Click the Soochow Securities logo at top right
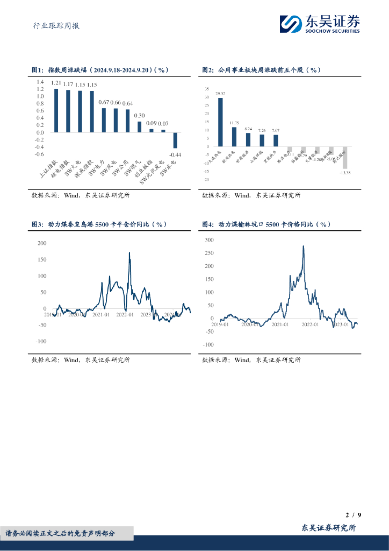point(320,24)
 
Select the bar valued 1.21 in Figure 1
point(56,110)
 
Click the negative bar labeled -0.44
point(175,140)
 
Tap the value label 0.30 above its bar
point(139,116)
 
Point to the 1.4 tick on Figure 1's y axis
point(40,82)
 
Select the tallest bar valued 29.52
point(220,122)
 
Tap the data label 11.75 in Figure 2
point(234,123)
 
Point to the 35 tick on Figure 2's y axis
point(206,89)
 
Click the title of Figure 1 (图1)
point(100,70)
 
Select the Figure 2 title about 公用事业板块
point(262,70)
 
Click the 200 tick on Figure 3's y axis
point(42,243)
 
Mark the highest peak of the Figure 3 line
point(129,253)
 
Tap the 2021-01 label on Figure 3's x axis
point(100,315)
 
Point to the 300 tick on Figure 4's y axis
point(209,239)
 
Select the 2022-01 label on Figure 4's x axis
point(310,324)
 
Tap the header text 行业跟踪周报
point(53,25)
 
